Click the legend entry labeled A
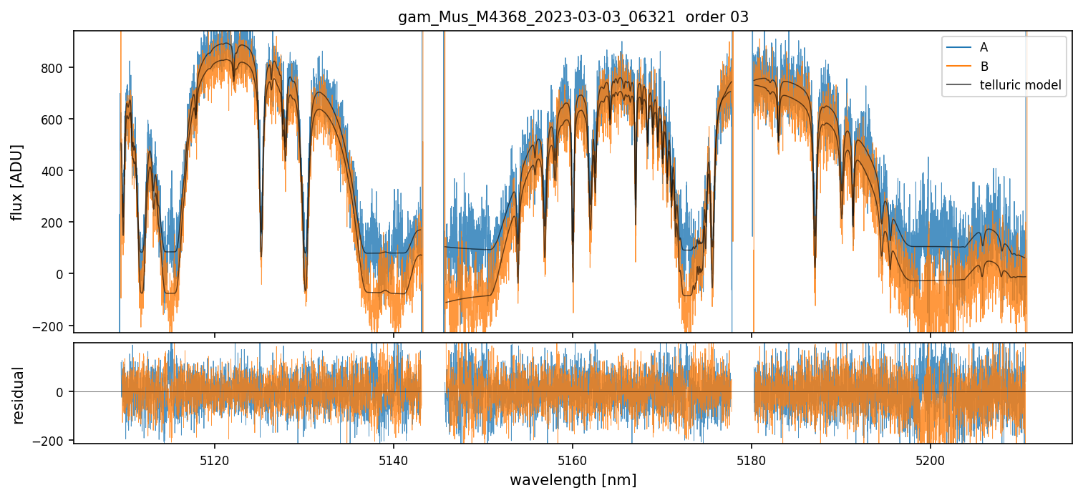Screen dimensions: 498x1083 [x=984, y=47]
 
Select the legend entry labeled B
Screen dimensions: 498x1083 [x=984, y=67]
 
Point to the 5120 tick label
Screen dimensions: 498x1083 [x=214, y=462]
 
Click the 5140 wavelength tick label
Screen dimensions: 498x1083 [x=393, y=462]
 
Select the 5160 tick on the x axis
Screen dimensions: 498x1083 [x=572, y=462]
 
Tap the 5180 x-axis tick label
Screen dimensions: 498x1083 [x=751, y=462]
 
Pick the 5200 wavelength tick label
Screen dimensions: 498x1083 [x=930, y=462]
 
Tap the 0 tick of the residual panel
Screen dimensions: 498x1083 [x=63, y=392]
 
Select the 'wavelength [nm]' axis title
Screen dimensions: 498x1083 [x=573, y=479]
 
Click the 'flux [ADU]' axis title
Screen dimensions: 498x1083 [x=17, y=182]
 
